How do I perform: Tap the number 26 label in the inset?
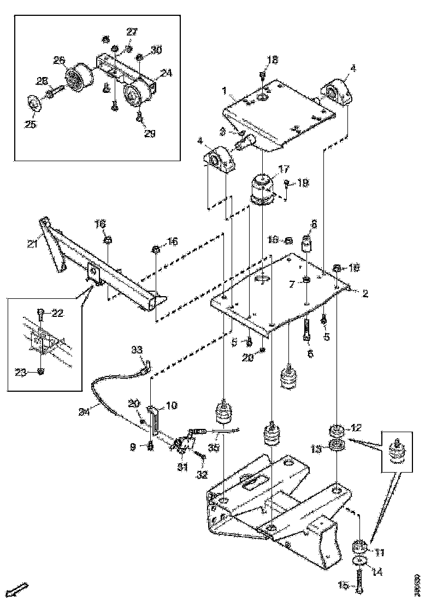59,60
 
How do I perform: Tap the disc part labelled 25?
34,104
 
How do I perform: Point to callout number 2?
364,294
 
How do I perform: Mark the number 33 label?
137,350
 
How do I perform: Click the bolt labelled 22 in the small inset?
41,314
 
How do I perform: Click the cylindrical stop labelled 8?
307,242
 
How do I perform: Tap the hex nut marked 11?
359,546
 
